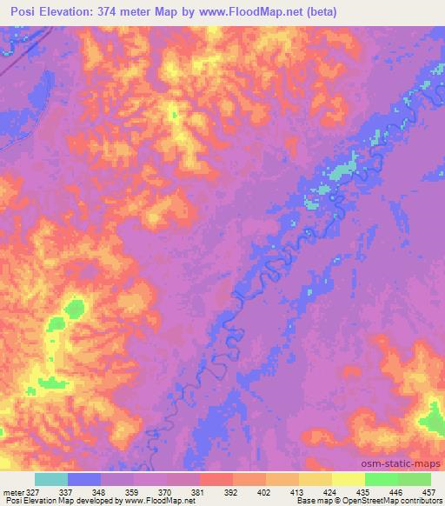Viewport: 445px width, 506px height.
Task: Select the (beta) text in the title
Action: [320, 12]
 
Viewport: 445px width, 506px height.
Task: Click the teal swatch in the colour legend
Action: [51, 479]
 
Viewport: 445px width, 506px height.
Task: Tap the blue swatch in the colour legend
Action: [84, 479]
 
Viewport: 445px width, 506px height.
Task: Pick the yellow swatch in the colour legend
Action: [349, 479]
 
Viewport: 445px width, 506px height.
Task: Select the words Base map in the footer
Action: [310, 502]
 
